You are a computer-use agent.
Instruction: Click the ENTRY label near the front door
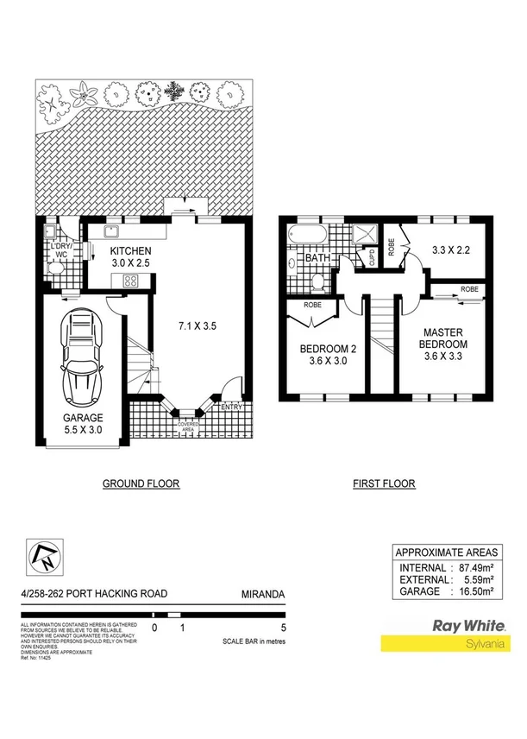tap(230, 407)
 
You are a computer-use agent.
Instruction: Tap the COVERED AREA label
tap(189, 426)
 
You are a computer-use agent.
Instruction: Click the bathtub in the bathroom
tap(308, 234)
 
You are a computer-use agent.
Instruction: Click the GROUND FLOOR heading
tap(141, 484)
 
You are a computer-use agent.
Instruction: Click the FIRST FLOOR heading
tap(383, 484)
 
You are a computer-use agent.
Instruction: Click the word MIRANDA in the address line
tap(262, 594)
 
